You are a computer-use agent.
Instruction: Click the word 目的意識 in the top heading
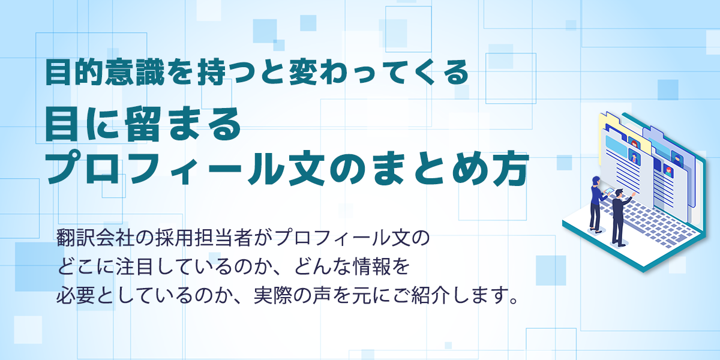pyautogui.click(x=105, y=73)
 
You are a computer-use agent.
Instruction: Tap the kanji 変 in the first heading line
pyautogui.click(x=302, y=73)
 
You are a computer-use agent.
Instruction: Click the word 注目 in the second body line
pyautogui.click(x=134, y=266)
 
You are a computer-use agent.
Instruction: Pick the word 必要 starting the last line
pyautogui.click(x=76, y=295)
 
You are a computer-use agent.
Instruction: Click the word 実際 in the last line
pyautogui.click(x=272, y=295)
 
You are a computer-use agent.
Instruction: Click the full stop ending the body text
pyautogui.click(x=514, y=301)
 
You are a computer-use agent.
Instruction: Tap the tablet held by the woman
pyautogui.click(x=609, y=191)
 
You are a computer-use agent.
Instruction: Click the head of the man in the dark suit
pyautogui.click(x=619, y=193)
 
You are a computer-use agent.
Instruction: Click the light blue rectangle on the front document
pyautogui.click(x=616, y=146)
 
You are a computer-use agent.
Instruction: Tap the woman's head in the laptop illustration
pyautogui.click(x=596, y=181)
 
